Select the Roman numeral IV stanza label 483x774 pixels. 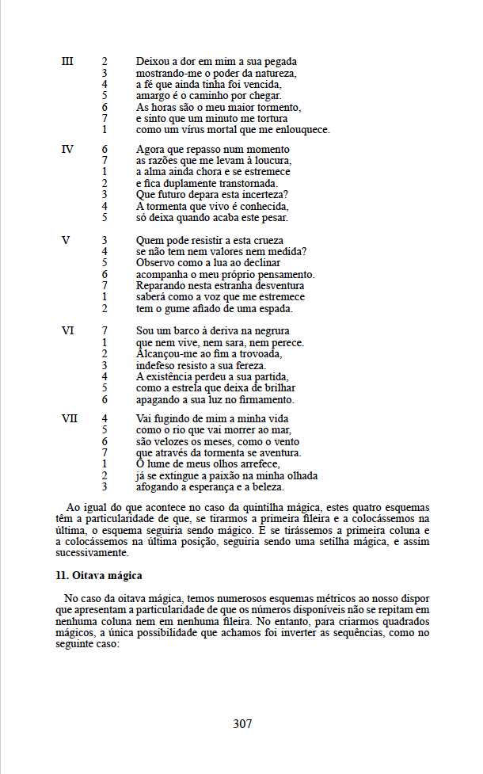click(x=67, y=149)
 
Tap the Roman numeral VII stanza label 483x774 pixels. click(x=70, y=418)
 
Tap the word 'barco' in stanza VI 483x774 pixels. click(x=188, y=330)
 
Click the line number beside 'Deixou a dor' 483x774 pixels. click(x=105, y=61)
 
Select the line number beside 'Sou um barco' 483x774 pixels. click(x=105, y=330)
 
